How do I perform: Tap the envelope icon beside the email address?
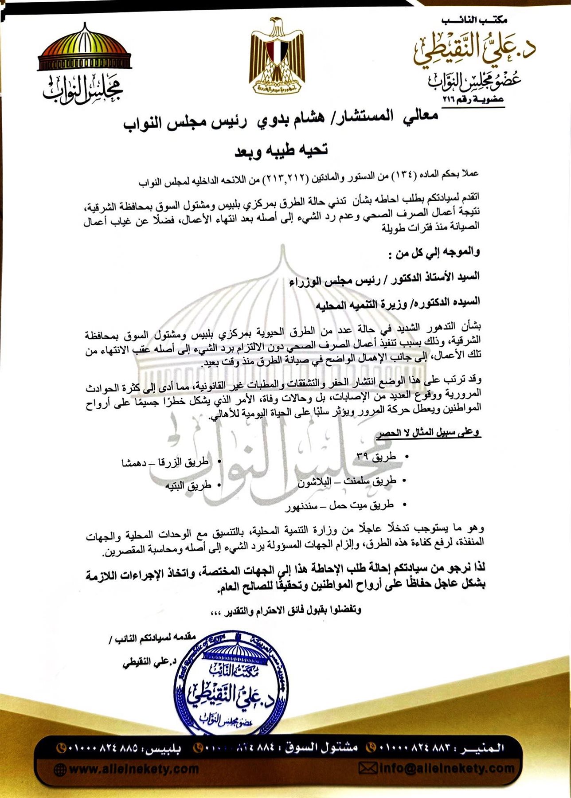[368, 768]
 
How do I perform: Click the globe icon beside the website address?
[60, 769]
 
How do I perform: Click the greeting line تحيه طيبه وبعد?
[281, 150]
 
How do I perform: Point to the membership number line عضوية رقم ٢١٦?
[473, 100]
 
